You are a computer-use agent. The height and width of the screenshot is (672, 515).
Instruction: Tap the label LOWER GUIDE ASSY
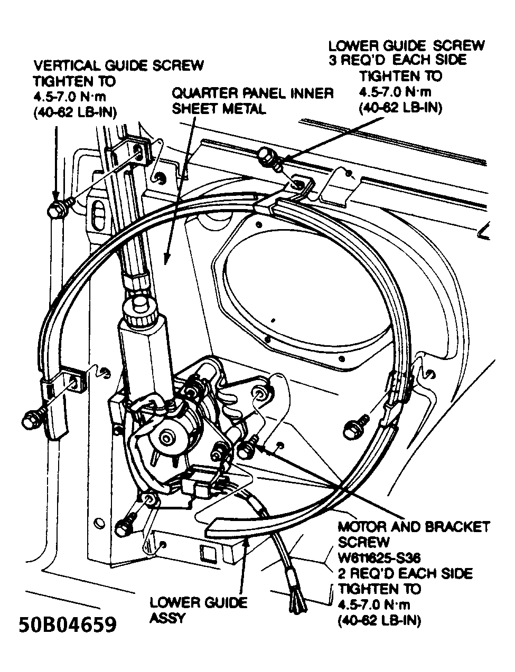coord(198,610)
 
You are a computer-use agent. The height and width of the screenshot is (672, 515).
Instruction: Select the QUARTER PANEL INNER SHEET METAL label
coord(252,101)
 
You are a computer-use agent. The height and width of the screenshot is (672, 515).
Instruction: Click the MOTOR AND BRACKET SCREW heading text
coord(414,534)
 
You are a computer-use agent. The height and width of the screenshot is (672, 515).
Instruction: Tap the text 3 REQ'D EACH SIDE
coord(397,60)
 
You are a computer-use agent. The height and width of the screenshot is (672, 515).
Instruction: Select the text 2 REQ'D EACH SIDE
coord(405,573)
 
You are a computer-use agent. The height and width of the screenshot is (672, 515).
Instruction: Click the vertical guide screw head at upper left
coord(55,209)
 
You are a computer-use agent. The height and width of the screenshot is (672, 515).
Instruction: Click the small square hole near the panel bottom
coord(207,553)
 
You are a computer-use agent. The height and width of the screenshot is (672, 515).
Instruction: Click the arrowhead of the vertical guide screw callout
coord(56,196)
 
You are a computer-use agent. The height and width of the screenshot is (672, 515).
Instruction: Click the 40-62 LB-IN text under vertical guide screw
coord(75,112)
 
